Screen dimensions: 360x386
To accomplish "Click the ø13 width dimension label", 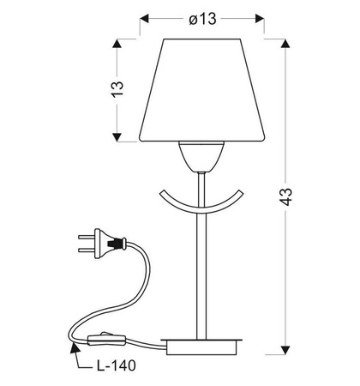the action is point(202,19).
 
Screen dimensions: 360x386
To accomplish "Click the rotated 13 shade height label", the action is point(117,89).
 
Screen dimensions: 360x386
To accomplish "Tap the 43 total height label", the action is point(285,196).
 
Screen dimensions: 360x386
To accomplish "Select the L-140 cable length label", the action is point(116,365).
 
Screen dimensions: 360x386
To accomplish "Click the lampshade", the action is point(202,90).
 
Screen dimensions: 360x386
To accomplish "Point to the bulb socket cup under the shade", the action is point(201,157).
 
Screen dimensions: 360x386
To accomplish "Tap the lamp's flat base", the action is point(201,347).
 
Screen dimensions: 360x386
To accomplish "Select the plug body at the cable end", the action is point(110,244).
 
